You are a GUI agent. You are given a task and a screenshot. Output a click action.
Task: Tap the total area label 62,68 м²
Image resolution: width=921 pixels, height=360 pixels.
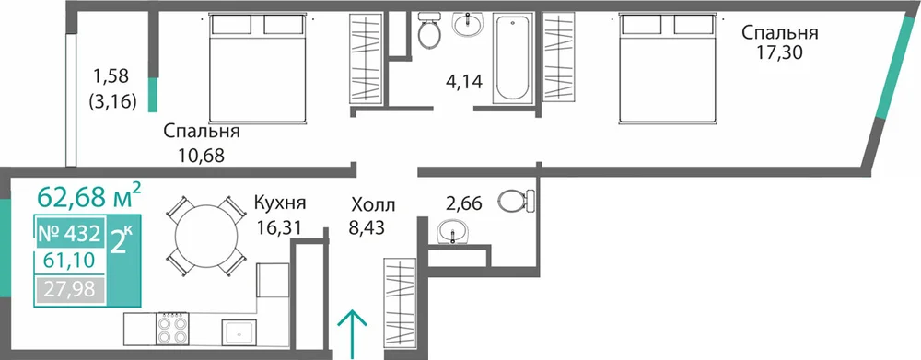coord(88,195)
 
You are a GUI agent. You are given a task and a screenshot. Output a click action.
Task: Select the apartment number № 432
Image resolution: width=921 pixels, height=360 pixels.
coord(68,234)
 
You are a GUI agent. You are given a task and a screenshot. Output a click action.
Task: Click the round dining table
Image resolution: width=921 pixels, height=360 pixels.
coord(205,236)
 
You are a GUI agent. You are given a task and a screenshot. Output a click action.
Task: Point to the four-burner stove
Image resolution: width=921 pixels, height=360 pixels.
coord(172,328)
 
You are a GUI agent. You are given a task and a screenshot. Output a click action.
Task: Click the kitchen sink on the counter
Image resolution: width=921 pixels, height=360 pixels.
coord(239,331)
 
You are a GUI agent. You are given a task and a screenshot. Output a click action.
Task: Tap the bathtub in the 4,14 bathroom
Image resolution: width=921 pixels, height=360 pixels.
coord(511,59)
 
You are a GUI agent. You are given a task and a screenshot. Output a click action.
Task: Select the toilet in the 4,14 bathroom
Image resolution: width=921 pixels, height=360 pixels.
coord(429,29)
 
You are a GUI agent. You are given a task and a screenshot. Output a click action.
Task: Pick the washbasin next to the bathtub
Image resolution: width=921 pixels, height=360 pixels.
coord(468,25)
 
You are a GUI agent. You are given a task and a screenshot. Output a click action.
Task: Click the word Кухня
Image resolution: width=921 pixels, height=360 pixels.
coord(280,203)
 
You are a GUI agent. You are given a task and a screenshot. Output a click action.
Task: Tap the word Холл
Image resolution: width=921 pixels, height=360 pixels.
coord(374,205)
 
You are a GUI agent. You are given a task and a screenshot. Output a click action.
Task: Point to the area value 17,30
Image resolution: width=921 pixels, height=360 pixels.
coord(780,53)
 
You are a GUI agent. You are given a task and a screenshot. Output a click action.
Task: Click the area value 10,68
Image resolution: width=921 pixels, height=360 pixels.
coord(202,156)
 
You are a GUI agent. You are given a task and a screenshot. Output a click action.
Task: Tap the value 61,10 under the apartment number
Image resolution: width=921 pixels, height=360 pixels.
coord(69,259)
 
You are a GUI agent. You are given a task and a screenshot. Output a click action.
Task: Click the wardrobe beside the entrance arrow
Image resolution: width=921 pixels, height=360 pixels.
coord(400,306)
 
